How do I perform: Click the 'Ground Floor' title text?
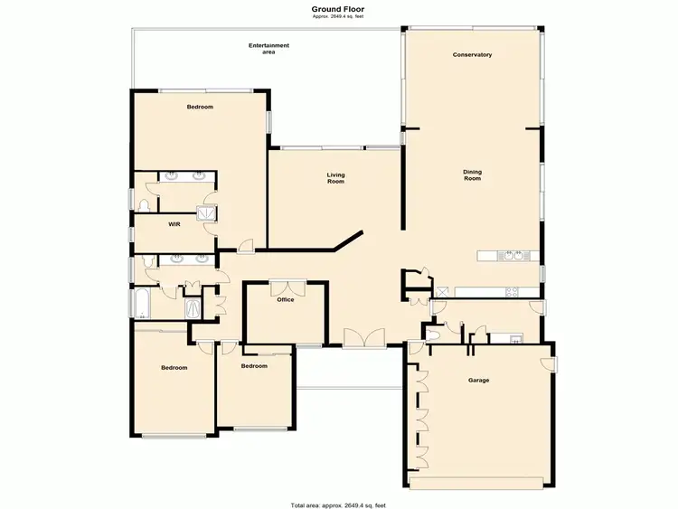click(338, 8)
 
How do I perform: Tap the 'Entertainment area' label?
click(269, 49)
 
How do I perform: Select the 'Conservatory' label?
click(472, 55)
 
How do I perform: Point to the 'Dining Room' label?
click(472, 175)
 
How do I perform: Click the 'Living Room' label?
click(336, 178)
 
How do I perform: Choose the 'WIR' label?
click(174, 225)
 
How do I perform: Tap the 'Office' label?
click(287, 300)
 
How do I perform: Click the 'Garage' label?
click(478, 381)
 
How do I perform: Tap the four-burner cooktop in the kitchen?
click(512, 291)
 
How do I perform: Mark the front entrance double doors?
click(364, 339)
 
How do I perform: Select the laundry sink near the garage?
click(515, 339)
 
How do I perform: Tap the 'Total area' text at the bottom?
click(338, 504)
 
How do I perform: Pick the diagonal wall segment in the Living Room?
click(347, 240)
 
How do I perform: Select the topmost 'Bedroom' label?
click(200, 108)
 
